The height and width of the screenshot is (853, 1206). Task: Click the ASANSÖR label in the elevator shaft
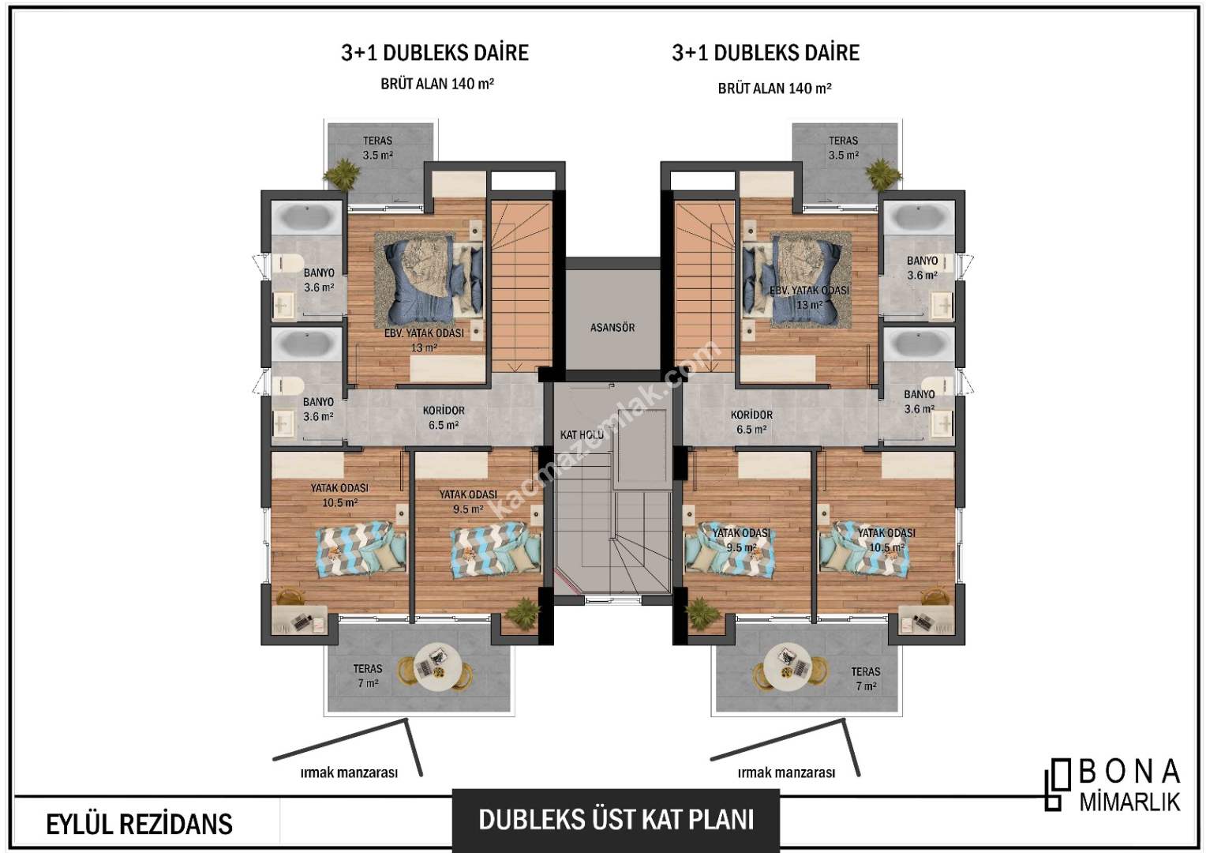pos(612,327)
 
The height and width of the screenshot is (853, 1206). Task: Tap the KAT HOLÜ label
pos(582,434)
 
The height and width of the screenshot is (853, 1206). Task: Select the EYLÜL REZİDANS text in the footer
pos(140,825)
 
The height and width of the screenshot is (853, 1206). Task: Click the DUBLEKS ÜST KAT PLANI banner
pos(616,820)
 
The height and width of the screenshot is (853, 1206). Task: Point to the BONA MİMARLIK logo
pos(1113,784)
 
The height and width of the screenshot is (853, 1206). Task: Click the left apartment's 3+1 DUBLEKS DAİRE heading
pos(435,53)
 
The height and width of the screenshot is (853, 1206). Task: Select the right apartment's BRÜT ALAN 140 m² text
pos(774,88)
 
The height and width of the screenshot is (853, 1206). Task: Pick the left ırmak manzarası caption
pos(349,772)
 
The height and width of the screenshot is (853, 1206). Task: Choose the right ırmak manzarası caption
pos(786,772)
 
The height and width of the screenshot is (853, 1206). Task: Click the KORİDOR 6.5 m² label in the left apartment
pos(444,418)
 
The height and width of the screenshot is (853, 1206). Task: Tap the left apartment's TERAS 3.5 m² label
pos(377,148)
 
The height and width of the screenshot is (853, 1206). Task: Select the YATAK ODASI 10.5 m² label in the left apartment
pos(339,495)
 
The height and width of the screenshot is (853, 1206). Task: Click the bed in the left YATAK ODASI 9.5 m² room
pos(496,551)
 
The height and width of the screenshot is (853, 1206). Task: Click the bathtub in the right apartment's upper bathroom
pos(919,218)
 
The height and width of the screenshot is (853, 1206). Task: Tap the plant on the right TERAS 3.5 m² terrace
pos(882,174)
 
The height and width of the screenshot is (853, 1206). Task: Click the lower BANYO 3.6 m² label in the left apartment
pos(318,409)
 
